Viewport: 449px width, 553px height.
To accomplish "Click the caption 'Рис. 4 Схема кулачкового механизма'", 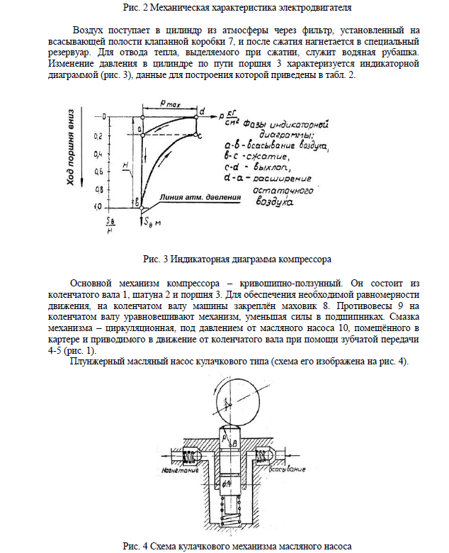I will coord(237,545).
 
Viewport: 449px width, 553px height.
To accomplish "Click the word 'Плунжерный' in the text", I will coord(95,362).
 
